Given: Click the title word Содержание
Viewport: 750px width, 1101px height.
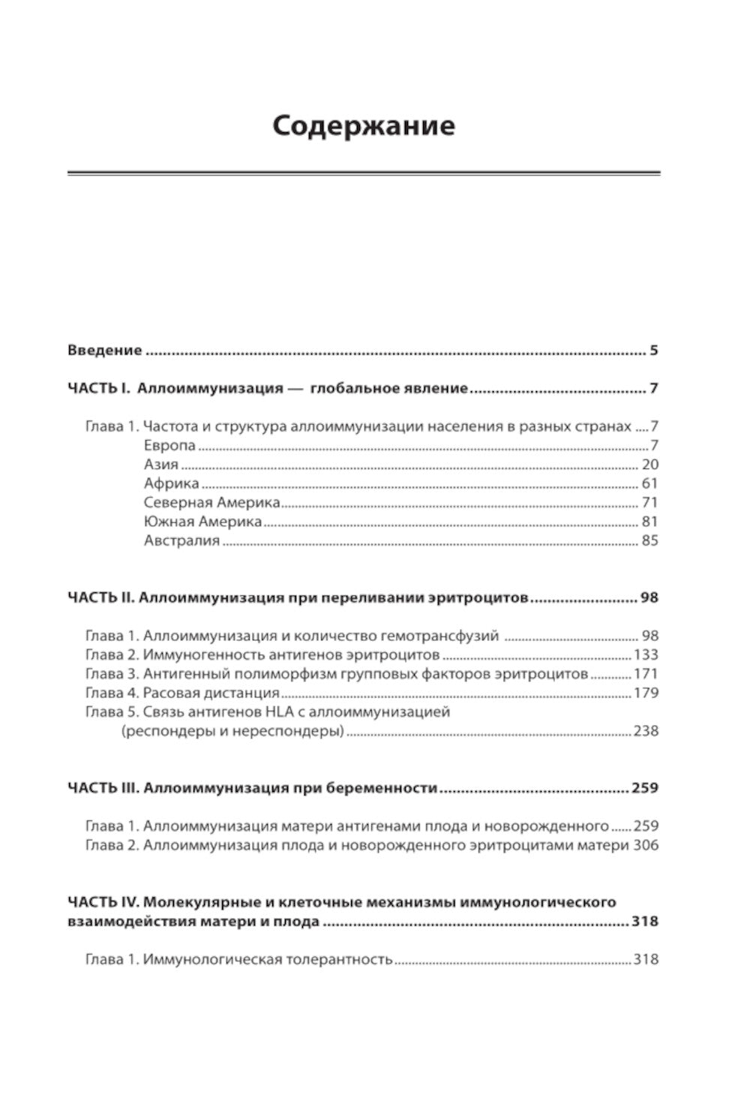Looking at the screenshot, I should (x=363, y=125).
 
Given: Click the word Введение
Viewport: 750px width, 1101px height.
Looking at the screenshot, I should (x=104, y=350).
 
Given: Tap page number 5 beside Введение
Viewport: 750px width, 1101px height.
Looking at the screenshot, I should (x=653, y=350).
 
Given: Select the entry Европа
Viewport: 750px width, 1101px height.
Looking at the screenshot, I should (x=169, y=445).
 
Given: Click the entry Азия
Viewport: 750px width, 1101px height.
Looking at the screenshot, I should (x=160, y=465).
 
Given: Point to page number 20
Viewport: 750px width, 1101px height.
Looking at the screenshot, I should (x=649, y=465).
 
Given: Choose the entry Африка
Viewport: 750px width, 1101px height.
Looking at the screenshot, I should (x=171, y=483).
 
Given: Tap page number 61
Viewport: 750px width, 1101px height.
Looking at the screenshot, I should (x=649, y=483).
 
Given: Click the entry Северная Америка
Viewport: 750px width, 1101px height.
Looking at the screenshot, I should (x=211, y=502).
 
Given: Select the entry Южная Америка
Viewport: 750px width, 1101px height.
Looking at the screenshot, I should (x=202, y=521).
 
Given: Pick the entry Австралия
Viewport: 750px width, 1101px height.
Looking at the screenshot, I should (x=181, y=540).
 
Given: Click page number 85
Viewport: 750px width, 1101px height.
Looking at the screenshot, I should (x=649, y=540).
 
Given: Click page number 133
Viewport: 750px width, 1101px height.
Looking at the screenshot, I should (x=646, y=654).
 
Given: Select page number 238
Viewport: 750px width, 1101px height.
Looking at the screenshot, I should (x=646, y=730).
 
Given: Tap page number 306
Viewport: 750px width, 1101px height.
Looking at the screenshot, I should (x=646, y=845).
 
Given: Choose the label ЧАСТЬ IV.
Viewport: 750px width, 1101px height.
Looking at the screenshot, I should (x=102, y=901).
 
